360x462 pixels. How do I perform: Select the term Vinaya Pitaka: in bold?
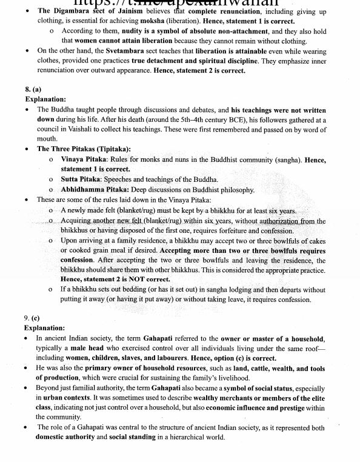coord(84,159)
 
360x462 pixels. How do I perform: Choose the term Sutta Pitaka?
coord(81,179)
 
